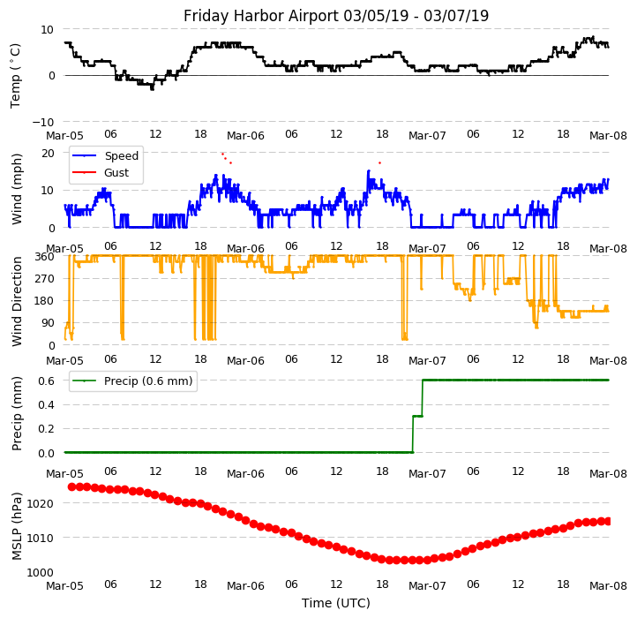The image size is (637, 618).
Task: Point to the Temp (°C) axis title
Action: (x=16, y=75)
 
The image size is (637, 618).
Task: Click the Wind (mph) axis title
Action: (x=17, y=188)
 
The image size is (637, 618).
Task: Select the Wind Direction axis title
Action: (x=17, y=301)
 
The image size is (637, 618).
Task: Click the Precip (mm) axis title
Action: (x=17, y=413)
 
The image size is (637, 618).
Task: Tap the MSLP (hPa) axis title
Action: (x=17, y=527)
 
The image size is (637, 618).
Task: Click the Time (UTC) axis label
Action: (x=336, y=603)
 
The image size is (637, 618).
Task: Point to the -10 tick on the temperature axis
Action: (x=45, y=122)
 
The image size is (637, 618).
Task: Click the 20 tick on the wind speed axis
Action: (x=49, y=153)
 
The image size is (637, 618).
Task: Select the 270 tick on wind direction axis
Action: (x=45, y=278)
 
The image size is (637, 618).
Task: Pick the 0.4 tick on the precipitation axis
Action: (x=46, y=404)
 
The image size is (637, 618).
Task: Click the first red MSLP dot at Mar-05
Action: (x=72, y=486)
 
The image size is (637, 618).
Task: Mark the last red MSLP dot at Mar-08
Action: (x=608, y=521)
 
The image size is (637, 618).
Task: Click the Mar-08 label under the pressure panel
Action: (x=608, y=586)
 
